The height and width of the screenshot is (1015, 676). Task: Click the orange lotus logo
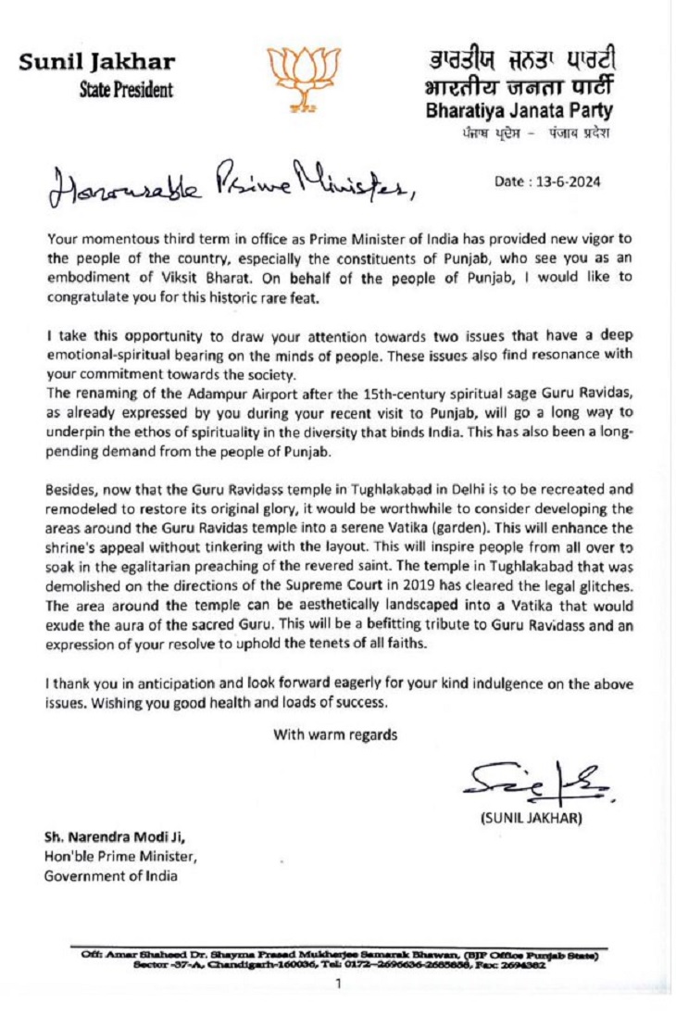298,80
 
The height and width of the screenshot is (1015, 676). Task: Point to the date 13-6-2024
547,182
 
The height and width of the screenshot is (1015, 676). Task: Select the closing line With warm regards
335,708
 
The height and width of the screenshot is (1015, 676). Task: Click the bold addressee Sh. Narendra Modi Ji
109,836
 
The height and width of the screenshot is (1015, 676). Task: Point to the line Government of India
103,876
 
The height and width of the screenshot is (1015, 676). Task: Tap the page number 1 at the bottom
339,983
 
